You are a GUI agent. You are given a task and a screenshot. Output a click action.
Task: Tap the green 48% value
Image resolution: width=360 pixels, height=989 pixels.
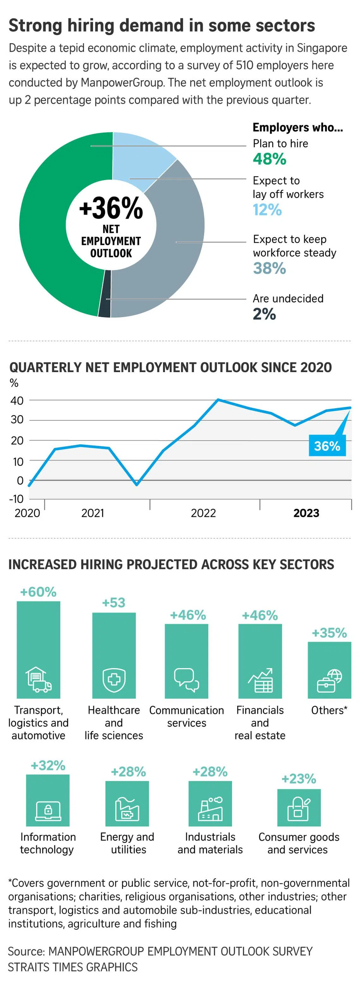269,159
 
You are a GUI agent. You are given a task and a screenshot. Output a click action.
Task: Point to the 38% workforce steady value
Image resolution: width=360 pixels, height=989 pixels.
269,268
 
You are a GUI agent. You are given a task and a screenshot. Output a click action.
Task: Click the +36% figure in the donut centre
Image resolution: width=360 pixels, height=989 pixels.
111,208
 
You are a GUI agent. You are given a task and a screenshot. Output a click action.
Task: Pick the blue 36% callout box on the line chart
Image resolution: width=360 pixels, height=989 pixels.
327,446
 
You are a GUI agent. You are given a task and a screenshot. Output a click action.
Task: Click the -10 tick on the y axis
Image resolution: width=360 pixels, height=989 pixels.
16,499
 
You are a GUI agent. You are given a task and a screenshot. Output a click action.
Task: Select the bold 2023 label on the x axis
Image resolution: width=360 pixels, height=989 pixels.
306,513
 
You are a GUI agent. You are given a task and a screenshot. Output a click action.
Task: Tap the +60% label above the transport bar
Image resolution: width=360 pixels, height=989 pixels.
39,592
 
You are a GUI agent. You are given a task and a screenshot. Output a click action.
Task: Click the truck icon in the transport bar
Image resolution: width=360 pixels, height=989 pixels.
39,679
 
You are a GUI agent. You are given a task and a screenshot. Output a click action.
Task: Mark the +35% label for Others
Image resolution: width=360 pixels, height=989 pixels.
329,633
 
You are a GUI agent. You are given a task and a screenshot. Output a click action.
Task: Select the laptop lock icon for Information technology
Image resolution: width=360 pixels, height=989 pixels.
48,811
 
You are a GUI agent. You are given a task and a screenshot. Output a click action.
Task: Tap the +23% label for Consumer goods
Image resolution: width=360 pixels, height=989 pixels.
299,779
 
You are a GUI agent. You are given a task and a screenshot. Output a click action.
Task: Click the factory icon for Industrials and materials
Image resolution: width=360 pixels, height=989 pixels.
210,809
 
